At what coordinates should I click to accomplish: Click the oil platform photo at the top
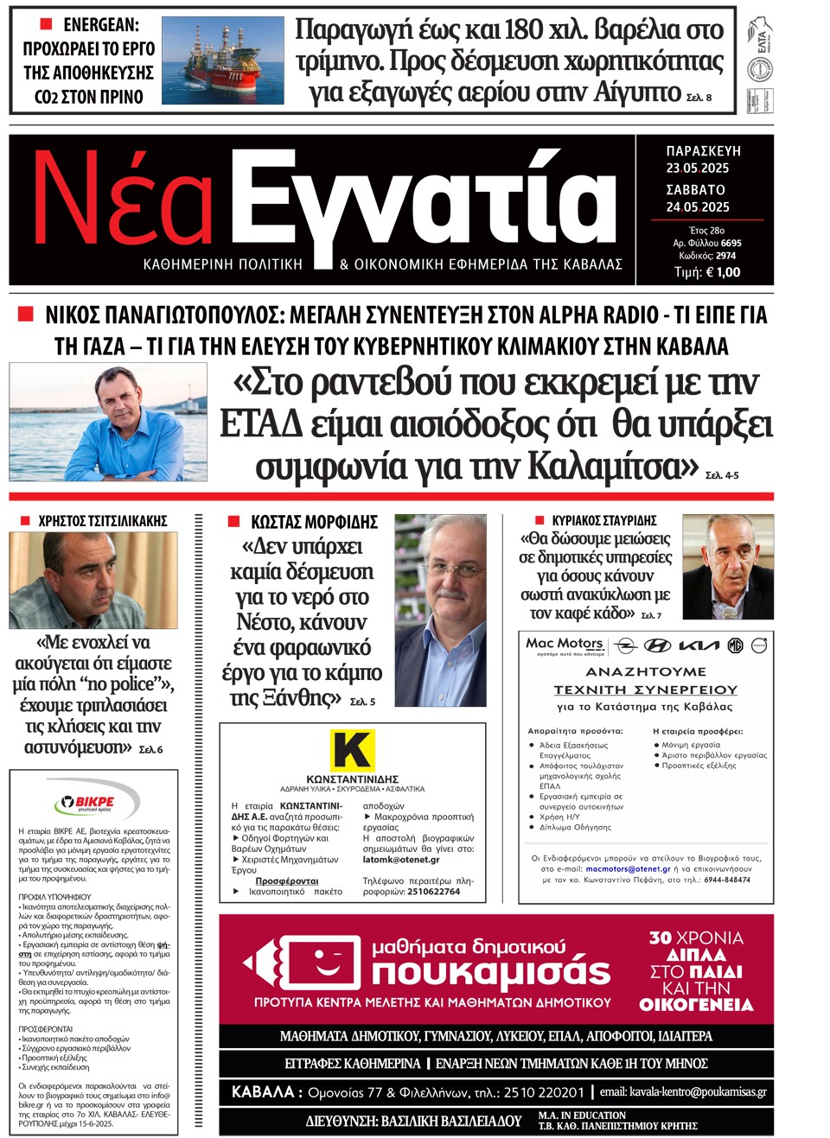pyautogui.click(x=223, y=60)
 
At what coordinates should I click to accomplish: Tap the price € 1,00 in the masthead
pyautogui.click(x=707, y=272)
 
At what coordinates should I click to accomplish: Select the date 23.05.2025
pyautogui.click(x=697, y=168)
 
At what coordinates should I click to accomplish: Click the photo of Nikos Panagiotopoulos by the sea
pyautogui.click(x=108, y=422)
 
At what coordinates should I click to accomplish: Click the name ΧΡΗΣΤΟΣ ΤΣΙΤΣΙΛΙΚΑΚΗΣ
pyautogui.click(x=103, y=521)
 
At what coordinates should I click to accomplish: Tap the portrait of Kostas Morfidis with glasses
pyautogui.click(x=440, y=610)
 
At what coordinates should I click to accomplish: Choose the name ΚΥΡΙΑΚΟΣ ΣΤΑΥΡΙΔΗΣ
pyautogui.click(x=604, y=521)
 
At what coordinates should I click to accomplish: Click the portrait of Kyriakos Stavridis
pyautogui.click(x=727, y=567)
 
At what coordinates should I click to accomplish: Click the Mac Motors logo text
pyautogui.click(x=565, y=644)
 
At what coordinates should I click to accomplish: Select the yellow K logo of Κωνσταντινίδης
pyautogui.click(x=352, y=749)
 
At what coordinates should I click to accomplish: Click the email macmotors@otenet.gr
pyautogui.click(x=628, y=869)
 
